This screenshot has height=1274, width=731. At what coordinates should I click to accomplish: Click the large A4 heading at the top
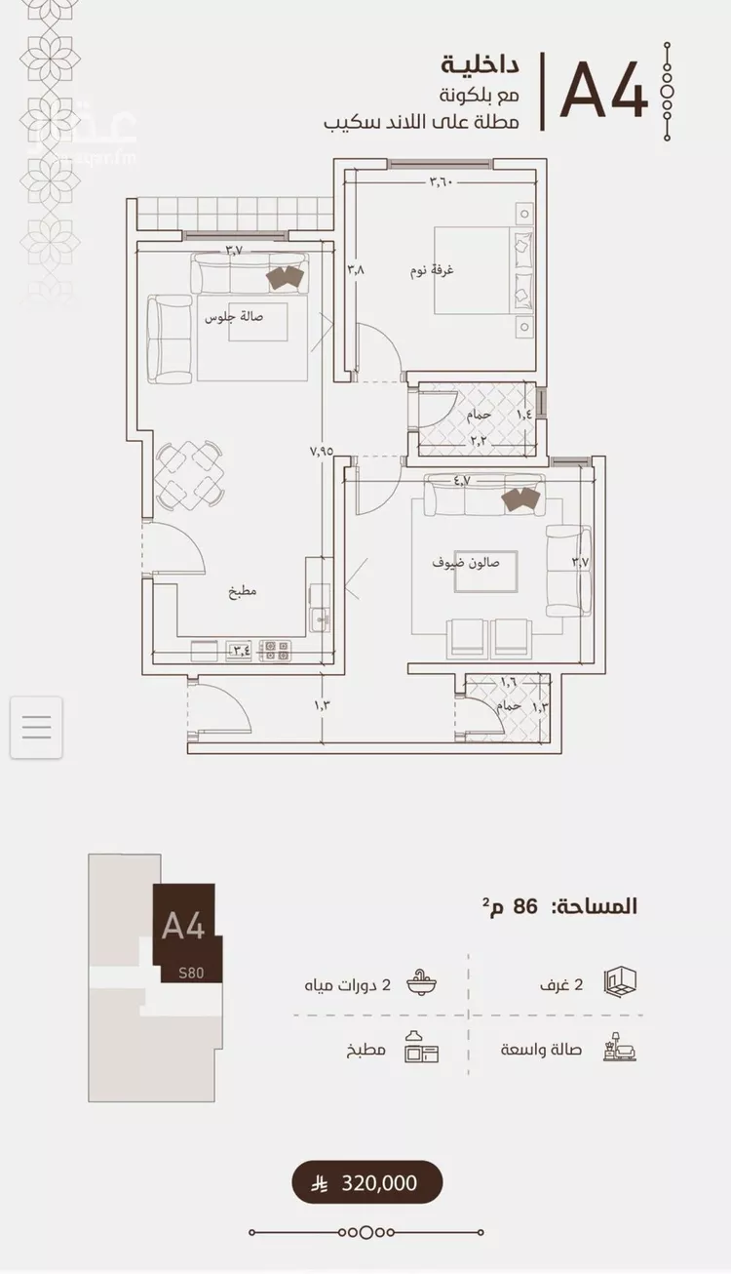(x=603, y=92)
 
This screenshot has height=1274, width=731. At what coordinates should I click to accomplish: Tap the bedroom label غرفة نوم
(x=432, y=270)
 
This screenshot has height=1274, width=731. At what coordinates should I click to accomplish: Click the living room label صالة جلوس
(x=234, y=317)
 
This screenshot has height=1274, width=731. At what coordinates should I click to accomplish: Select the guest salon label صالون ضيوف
(x=466, y=563)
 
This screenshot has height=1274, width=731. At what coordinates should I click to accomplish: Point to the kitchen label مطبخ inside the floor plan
(x=243, y=591)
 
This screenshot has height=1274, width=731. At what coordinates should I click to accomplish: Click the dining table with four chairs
(x=189, y=474)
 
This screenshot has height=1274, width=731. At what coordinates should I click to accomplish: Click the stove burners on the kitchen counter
(x=275, y=651)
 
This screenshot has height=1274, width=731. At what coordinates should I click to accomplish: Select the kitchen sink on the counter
(x=319, y=617)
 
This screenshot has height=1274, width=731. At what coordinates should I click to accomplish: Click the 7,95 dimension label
(x=322, y=451)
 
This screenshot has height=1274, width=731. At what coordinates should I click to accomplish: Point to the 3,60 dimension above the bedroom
(x=442, y=182)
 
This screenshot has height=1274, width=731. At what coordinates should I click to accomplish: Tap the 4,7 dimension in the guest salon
(x=462, y=480)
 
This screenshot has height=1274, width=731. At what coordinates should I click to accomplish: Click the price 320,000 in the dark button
(x=379, y=1183)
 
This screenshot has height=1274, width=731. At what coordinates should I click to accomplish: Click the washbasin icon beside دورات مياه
(x=422, y=982)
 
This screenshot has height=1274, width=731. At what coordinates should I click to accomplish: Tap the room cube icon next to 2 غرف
(x=620, y=981)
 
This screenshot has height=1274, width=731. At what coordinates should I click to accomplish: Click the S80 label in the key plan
(x=191, y=973)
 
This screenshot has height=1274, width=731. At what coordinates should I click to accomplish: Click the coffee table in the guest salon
(x=486, y=572)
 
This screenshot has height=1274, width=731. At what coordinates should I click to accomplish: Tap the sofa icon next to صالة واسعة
(x=620, y=1048)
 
